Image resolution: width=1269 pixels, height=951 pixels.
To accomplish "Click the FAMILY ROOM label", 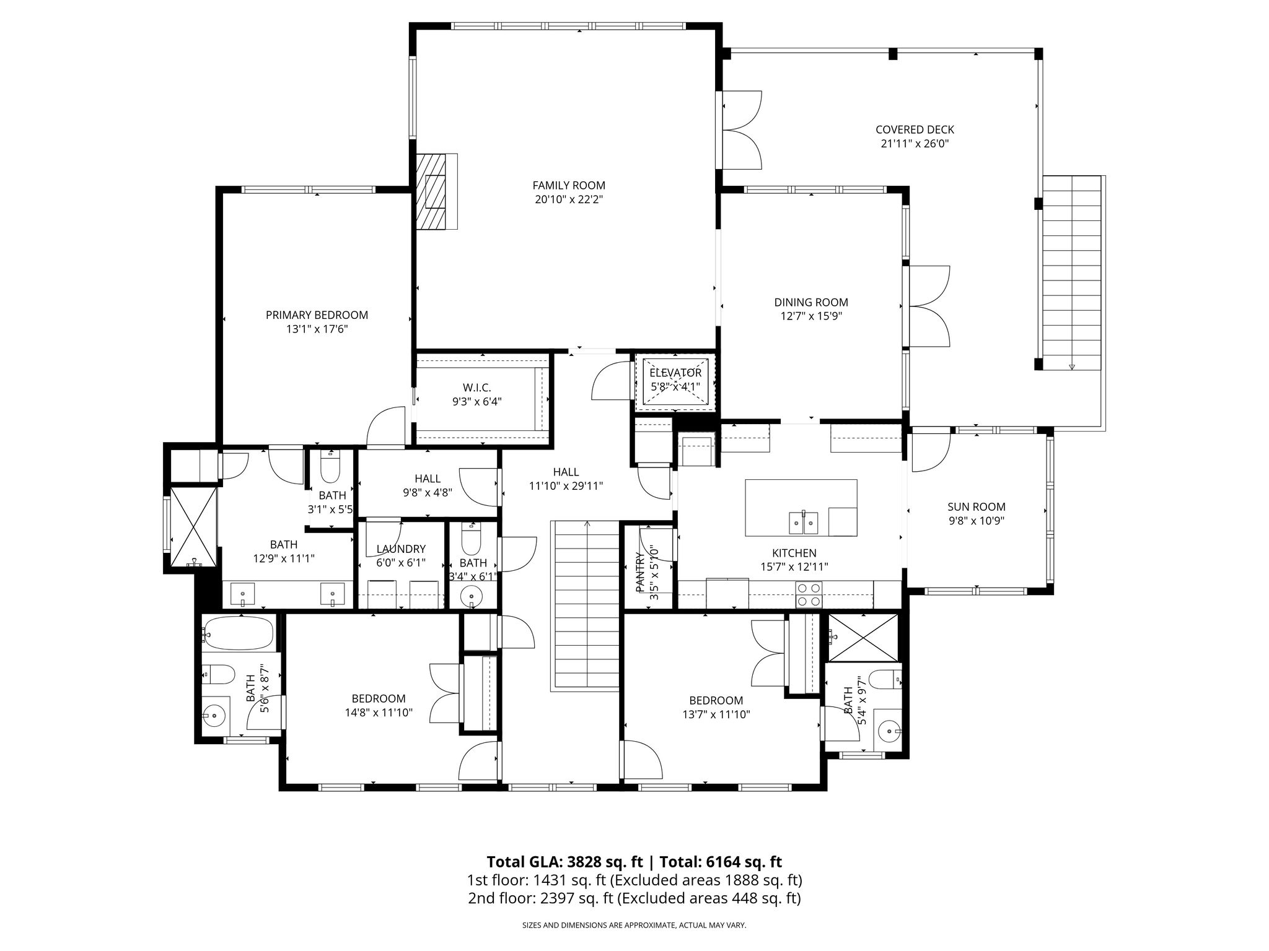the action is pyautogui.click(x=569, y=185).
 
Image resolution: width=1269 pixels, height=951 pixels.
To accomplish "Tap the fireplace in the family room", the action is pyautogui.click(x=436, y=191).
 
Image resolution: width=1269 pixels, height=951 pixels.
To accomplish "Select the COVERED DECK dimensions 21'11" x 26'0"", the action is pyautogui.click(x=915, y=144).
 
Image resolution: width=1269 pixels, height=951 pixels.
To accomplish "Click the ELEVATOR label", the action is pyautogui.click(x=675, y=373).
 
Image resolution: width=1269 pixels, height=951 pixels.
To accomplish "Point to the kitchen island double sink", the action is pyautogui.click(x=804, y=523).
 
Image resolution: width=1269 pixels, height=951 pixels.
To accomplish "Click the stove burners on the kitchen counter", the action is pyautogui.click(x=809, y=594).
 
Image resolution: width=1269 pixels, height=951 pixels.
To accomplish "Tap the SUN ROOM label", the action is pyautogui.click(x=977, y=507).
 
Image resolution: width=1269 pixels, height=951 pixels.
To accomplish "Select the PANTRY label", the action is pyautogui.click(x=641, y=572).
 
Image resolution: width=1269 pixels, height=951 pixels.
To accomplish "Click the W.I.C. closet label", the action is pyautogui.click(x=476, y=388).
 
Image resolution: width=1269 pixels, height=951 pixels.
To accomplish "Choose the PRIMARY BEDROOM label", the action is pyautogui.click(x=317, y=315).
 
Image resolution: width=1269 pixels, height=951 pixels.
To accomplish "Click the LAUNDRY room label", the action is pyautogui.click(x=401, y=549).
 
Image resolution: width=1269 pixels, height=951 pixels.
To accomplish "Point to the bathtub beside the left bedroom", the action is pyautogui.click(x=238, y=633).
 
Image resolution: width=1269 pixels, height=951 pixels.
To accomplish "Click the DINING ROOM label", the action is pyautogui.click(x=811, y=302).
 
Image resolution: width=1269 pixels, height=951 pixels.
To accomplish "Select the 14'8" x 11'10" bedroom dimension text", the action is pyautogui.click(x=379, y=713).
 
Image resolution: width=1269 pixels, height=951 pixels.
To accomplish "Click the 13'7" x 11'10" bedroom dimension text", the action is pyautogui.click(x=716, y=714).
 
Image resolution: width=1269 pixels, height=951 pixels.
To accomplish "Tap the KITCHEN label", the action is pyautogui.click(x=794, y=553).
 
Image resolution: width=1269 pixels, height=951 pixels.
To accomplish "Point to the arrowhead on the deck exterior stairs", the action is pyautogui.click(x=1072, y=367).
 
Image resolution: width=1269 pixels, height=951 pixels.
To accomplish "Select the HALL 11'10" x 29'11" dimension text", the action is pyautogui.click(x=566, y=486).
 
